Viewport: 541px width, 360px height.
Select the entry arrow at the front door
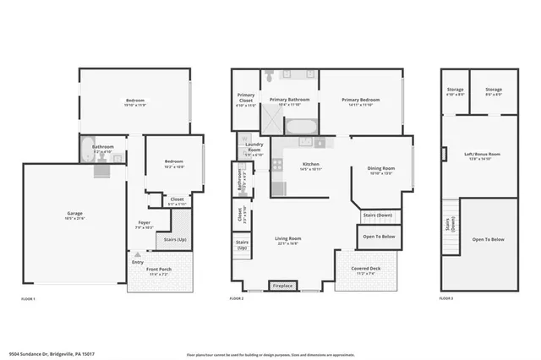pos(137,254)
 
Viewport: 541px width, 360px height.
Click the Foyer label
pos(144,222)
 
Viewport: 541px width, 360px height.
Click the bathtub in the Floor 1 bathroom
pos(101,169)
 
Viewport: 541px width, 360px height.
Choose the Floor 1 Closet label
pos(177,199)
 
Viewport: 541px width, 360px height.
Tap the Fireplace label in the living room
pos(282,286)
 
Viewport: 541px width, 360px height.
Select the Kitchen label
pos(310,163)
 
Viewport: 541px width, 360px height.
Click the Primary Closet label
pos(245,97)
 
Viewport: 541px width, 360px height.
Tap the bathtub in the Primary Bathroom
pos(301,127)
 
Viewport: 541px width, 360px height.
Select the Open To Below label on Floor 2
pos(379,237)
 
